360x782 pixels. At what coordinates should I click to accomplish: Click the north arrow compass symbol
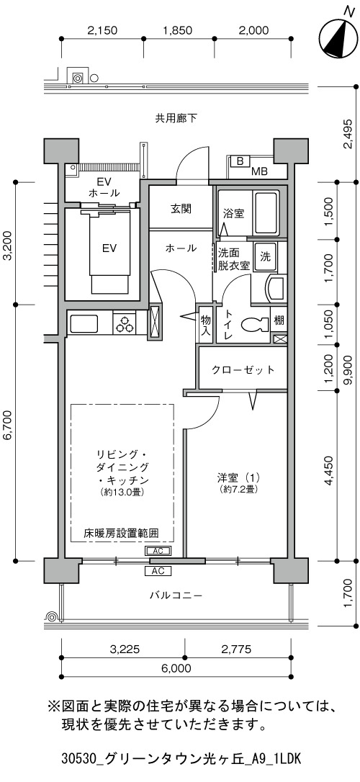coord(335,37)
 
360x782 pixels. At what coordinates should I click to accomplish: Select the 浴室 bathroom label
coord(233,214)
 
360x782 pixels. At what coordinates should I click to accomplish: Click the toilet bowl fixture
coord(254,325)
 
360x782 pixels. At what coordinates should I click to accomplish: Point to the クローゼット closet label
coord(243,369)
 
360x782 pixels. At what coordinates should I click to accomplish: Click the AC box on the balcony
coord(158,570)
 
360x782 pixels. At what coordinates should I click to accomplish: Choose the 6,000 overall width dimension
coord(176,668)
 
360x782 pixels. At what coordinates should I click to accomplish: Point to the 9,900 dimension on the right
coord(348,369)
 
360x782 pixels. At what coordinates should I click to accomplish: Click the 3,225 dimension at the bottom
coord(122,649)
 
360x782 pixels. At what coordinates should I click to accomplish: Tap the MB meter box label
coord(259,172)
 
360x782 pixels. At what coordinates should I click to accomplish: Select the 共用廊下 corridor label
coord(176,118)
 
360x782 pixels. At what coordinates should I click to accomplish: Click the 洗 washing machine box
coord(265,256)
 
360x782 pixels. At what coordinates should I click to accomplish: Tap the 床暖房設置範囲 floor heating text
coord(122,532)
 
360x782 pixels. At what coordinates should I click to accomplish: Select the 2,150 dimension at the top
coord(102,30)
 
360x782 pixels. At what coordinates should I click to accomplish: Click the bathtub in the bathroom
coord(266,214)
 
